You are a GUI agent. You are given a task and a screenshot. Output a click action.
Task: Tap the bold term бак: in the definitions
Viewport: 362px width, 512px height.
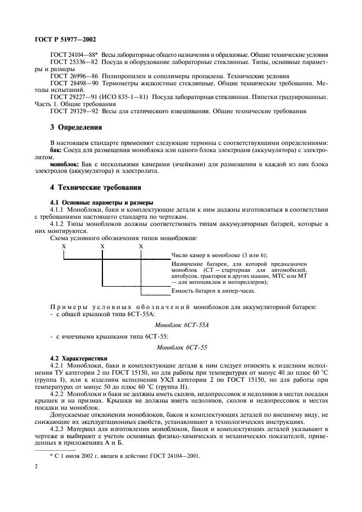pyautogui.click(x=55, y=149)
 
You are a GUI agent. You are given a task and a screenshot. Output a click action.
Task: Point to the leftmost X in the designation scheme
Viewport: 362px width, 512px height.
pyautogui.click(x=64, y=246)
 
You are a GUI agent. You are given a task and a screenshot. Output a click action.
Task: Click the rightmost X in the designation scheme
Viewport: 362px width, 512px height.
pyautogui.click(x=141, y=246)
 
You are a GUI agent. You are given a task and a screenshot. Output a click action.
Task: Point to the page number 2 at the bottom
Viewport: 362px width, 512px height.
pyautogui.click(x=36, y=467)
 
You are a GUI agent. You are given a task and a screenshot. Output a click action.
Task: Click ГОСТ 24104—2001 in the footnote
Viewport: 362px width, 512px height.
pyautogui.click(x=177, y=455)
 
